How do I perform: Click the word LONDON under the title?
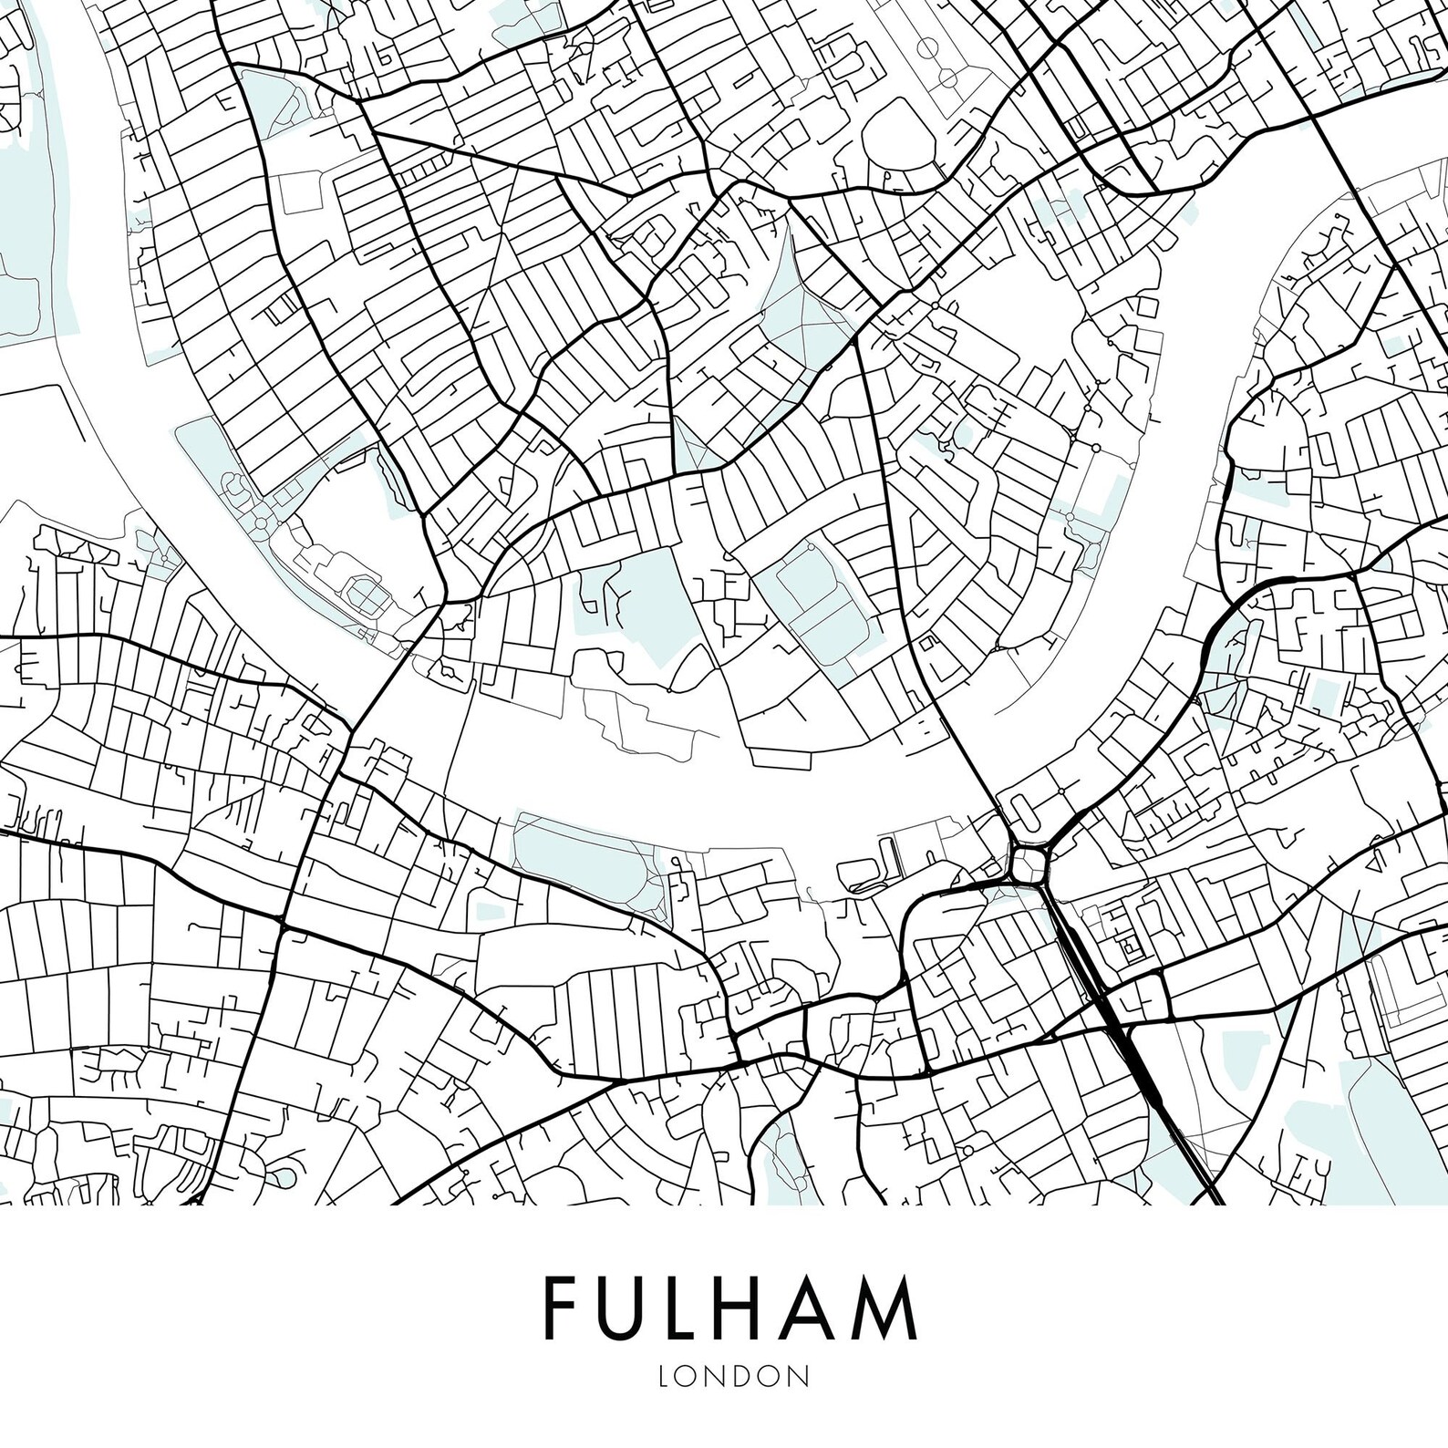click(725, 1375)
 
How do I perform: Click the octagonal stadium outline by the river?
click(365, 595)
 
